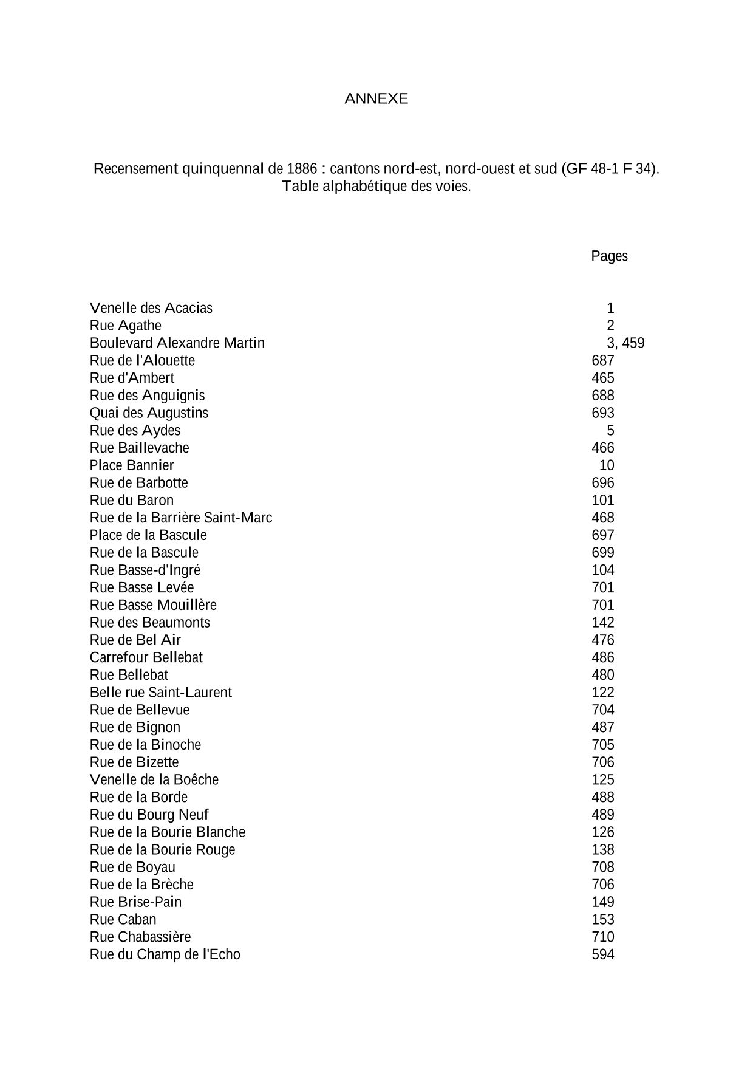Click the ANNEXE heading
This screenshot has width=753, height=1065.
pos(376,99)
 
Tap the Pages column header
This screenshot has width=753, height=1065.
pos(609,256)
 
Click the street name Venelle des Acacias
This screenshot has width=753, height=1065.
pos(151,308)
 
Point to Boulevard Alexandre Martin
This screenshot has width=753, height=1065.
pos(177,343)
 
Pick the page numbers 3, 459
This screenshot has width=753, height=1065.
pos(625,343)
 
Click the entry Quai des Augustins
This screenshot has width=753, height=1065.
pos(149,413)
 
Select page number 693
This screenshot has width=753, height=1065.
pos(603,413)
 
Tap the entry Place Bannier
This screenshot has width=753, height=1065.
pos(131,465)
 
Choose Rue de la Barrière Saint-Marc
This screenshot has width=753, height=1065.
pos(180,518)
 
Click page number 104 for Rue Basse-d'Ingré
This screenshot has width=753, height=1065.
pos(603,570)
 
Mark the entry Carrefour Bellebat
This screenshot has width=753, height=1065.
pos(146,658)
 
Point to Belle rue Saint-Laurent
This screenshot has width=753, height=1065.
pos(160,693)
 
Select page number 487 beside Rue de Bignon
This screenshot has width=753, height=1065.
pos(603,728)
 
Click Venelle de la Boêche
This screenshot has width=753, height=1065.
pos(154,780)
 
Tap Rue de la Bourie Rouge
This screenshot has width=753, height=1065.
pos(162,850)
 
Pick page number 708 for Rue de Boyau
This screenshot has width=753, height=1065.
pos(603,868)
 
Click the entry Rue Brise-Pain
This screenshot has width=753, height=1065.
pos(135,902)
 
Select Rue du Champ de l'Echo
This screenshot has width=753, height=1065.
pos(165,954)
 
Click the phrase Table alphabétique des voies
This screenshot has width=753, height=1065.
pos(376,187)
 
